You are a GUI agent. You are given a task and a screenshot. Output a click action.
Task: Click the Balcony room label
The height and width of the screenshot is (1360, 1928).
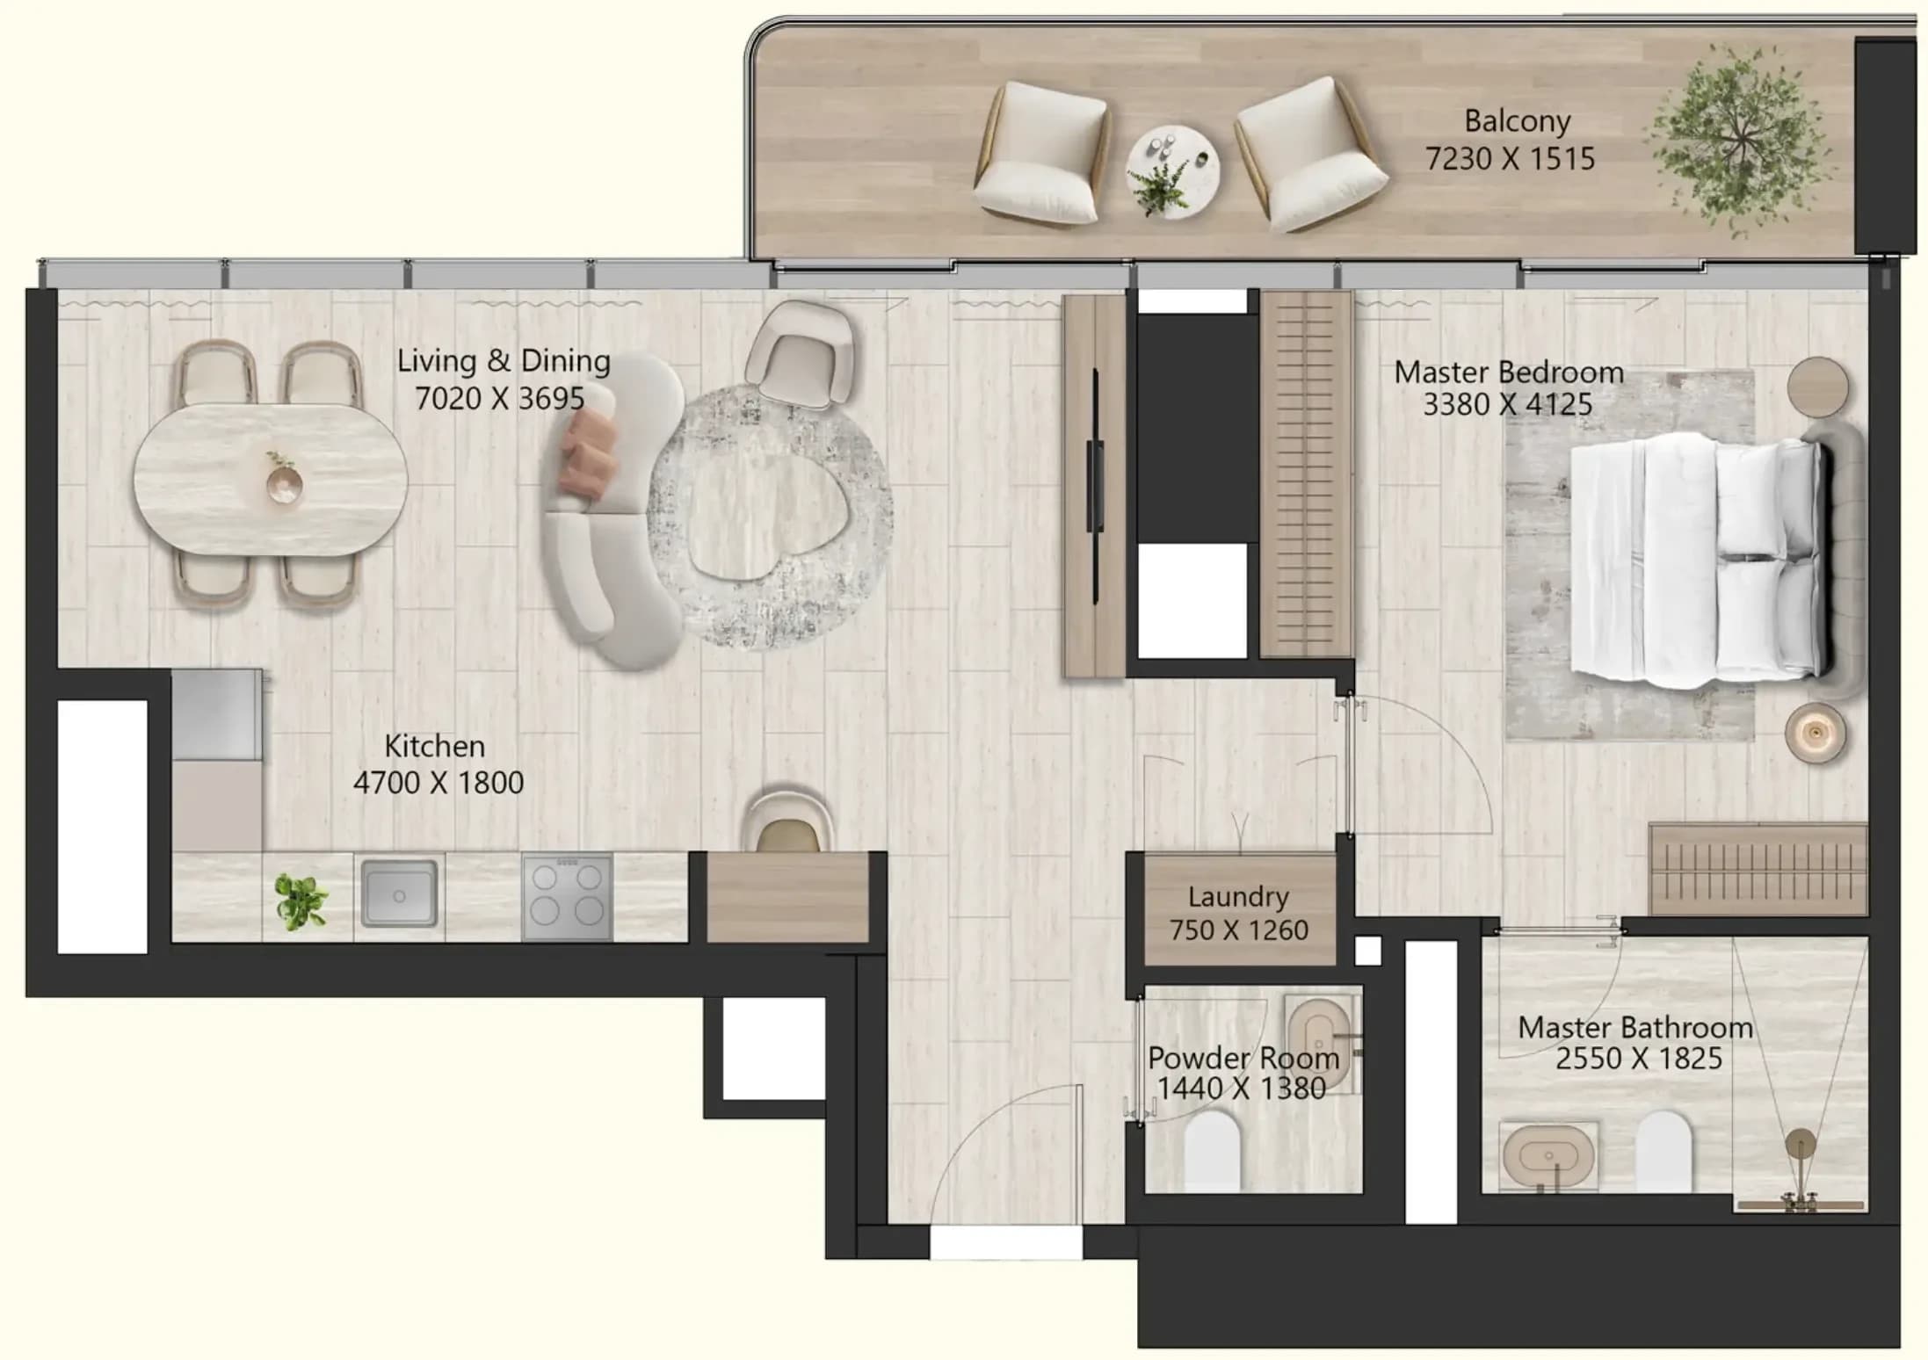point(1518,121)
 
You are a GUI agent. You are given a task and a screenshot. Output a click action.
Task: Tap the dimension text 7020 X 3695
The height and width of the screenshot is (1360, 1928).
point(499,399)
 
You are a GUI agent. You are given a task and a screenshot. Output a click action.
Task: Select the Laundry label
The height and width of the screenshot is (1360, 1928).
point(1238,897)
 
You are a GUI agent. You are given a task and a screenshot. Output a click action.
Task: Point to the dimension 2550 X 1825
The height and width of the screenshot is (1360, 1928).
point(1638,1059)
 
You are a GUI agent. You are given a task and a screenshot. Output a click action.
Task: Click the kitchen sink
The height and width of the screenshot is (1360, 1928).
point(399,893)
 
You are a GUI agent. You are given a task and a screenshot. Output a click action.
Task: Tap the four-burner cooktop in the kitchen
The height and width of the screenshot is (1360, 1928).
point(567,897)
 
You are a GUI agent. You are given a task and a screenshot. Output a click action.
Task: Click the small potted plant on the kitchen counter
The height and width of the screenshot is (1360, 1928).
point(301,901)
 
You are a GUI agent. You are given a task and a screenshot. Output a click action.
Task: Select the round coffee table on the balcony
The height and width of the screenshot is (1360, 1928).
point(1173,171)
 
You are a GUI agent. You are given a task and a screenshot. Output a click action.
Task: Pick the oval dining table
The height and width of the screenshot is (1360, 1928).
point(271,480)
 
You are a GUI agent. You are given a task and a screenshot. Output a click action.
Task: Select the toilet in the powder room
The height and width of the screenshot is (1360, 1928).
point(1212,1151)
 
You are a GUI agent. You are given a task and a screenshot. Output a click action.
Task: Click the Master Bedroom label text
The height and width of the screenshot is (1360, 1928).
point(1508,373)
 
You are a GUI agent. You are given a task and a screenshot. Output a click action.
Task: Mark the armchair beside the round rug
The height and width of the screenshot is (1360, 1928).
point(800,354)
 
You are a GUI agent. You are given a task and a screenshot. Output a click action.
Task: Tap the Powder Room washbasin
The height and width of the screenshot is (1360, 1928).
point(1318,1044)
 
